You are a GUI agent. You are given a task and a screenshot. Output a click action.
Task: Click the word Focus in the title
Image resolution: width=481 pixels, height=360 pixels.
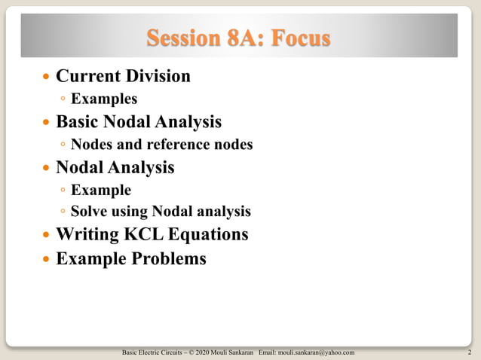click(x=300, y=38)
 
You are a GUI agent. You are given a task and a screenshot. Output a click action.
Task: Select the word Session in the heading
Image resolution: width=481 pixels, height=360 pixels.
click(x=184, y=38)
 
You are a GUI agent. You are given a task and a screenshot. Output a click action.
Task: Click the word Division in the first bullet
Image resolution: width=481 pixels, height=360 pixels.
click(x=156, y=76)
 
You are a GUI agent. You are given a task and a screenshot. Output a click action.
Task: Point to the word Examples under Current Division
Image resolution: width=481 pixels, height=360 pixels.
click(x=104, y=99)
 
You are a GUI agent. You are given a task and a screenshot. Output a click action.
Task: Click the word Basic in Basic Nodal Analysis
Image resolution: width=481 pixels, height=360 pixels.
click(x=80, y=121)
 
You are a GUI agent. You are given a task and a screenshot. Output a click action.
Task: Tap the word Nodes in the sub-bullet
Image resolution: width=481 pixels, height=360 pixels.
click(x=93, y=145)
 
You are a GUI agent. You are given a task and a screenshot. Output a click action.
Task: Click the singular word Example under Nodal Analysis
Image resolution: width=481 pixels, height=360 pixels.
click(x=101, y=190)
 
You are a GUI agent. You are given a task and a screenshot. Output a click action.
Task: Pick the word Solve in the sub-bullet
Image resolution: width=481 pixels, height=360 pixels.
click(x=90, y=212)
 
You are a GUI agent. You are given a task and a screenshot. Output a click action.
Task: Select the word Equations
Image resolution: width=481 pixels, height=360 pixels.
click(x=211, y=234)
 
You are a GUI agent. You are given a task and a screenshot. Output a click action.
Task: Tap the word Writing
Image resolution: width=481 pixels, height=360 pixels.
click(x=86, y=234)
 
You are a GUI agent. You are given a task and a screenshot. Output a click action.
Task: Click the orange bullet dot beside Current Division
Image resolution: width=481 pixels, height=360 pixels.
click(x=47, y=78)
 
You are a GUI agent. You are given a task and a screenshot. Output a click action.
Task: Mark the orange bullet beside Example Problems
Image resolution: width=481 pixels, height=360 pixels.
click(x=47, y=259)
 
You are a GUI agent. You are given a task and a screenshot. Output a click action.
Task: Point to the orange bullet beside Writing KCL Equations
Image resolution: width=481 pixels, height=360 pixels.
click(x=47, y=236)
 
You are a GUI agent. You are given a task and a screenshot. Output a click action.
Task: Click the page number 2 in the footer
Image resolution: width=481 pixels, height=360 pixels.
click(x=470, y=352)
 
